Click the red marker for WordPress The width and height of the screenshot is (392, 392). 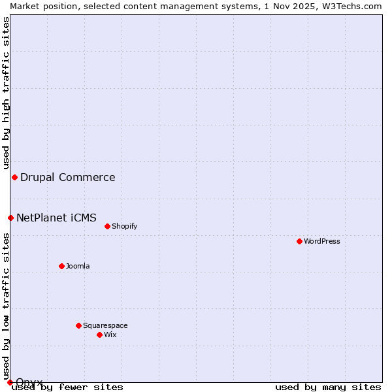299,241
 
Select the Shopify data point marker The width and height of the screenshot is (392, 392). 107,226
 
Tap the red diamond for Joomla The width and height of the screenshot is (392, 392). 61,266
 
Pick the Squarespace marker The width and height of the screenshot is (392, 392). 78,325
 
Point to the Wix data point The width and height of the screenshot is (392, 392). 99,335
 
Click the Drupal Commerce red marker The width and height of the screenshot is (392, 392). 14,177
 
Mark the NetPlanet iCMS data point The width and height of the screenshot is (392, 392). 10,218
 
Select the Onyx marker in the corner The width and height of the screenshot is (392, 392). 10,382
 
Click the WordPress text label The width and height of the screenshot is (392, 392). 322,241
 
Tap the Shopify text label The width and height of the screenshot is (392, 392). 125,226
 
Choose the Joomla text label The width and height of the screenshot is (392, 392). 78,266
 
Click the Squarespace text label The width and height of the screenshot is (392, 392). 105,325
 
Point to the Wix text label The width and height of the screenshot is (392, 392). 110,335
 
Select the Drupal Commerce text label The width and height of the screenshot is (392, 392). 68,177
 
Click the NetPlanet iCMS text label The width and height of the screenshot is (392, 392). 56,218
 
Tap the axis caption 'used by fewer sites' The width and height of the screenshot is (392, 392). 67,387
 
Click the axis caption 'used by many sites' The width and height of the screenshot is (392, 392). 328,387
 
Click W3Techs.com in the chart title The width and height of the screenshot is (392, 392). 350,6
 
